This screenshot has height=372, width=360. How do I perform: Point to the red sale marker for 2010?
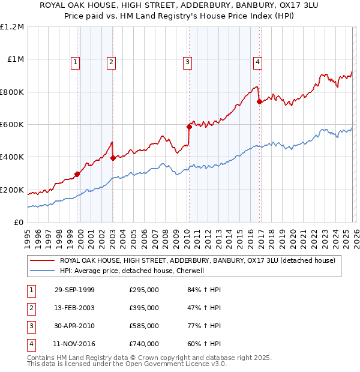[x=189, y=127]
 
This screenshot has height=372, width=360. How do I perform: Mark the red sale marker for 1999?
[x=77, y=174]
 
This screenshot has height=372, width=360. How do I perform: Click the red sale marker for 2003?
[x=113, y=158]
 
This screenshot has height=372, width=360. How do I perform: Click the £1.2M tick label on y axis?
[x=12, y=27]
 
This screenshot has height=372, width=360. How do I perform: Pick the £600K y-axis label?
[x=12, y=125]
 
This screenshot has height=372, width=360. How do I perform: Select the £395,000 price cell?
[x=144, y=308]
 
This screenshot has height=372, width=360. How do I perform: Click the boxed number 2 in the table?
[x=31, y=308]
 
